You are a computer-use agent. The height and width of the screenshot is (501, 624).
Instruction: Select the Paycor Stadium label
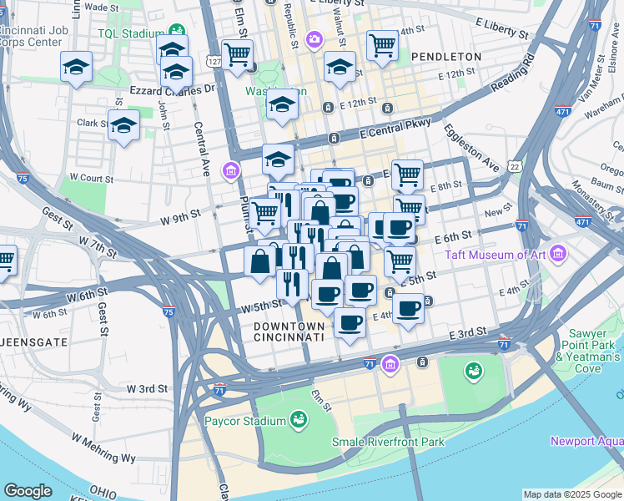246,421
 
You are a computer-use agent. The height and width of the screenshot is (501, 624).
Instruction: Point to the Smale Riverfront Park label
388,442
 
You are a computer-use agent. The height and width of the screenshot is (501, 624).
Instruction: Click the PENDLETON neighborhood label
445,57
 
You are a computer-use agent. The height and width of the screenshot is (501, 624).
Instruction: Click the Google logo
28,491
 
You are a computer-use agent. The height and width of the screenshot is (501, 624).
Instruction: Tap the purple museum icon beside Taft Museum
558,252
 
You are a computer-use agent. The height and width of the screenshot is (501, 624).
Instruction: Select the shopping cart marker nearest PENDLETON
382,47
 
